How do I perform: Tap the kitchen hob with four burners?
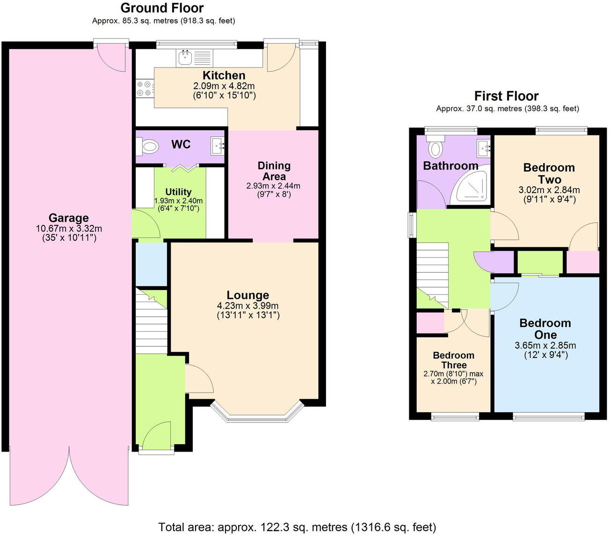pos(145,89)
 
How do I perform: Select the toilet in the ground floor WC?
pos(148,147)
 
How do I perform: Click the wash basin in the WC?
pos(217,146)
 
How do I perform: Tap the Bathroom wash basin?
pos(483,148)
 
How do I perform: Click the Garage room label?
pos(68,218)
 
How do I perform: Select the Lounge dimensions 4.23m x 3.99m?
pos(247,306)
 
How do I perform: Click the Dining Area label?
pos(274,171)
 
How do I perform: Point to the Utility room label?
pos(178,192)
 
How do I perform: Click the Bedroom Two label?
pos(549,173)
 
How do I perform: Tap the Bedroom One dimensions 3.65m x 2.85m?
pos(545,346)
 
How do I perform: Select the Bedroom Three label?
pos(453,360)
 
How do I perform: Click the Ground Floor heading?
pos(162,8)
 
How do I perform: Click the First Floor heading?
pos(506,96)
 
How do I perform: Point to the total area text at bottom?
pos(297,527)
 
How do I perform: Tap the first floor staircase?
pos(433,274)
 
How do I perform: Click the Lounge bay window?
pos(255,414)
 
